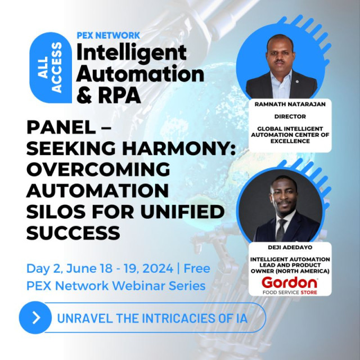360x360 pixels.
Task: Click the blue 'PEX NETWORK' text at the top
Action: (108, 35)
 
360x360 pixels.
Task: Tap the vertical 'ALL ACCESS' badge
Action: (51, 67)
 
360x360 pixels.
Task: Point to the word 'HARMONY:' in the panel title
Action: (179, 148)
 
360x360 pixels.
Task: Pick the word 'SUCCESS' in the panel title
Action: (73, 233)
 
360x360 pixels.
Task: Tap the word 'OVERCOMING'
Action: (98, 169)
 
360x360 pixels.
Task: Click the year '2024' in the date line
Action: (157, 269)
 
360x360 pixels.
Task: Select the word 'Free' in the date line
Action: (197, 269)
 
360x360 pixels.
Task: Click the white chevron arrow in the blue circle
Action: (36, 317)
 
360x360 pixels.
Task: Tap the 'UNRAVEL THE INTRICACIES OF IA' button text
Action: (152, 318)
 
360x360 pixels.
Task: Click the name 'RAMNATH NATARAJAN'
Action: (290, 104)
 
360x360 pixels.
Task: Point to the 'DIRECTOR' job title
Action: (290, 116)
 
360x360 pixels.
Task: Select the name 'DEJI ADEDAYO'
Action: (290, 247)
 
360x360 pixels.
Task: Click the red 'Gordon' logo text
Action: (290, 282)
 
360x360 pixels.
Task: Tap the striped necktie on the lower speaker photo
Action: (281, 230)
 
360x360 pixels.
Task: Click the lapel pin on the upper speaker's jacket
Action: (297, 81)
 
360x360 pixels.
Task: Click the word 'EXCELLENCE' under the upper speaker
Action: (290, 141)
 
